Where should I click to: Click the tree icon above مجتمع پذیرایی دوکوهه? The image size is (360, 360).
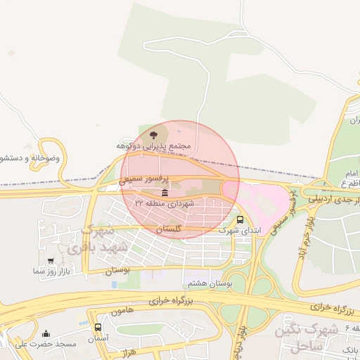(153, 134)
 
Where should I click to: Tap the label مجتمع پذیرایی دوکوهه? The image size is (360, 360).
(154, 146)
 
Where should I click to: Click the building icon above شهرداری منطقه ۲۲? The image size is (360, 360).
(165, 193)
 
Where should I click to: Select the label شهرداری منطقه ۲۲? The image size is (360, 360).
(164, 203)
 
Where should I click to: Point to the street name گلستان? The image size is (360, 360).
(169, 230)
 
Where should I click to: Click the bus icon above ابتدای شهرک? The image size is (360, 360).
(240, 219)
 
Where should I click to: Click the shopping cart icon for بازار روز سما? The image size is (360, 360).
(50, 260)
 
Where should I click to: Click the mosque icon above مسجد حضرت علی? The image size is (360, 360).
(46, 334)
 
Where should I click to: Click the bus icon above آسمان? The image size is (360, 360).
(98, 328)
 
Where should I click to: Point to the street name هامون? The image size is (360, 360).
(122, 310)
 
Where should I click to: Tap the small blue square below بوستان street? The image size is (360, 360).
(115, 285)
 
